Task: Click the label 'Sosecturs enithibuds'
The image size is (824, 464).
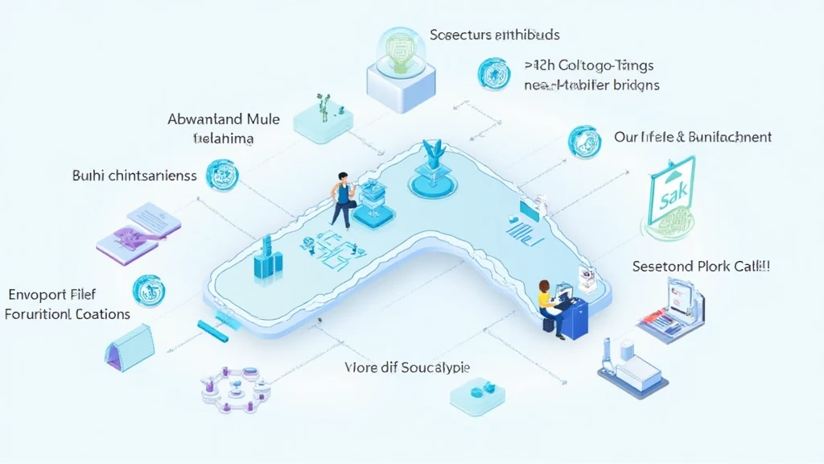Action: pyautogui.click(x=494, y=35)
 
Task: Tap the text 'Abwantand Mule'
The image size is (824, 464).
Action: pyautogui.click(x=224, y=119)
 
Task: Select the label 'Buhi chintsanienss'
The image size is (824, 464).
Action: pyautogui.click(x=134, y=176)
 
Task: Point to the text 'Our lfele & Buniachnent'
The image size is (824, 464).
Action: pyautogui.click(x=692, y=137)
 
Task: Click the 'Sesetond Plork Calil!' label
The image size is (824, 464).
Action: pyautogui.click(x=701, y=266)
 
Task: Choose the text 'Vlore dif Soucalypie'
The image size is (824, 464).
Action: pyautogui.click(x=407, y=367)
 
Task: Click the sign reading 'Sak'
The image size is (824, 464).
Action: pyautogui.click(x=670, y=193)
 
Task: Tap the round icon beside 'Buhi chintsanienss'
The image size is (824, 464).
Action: pyautogui.click(x=222, y=175)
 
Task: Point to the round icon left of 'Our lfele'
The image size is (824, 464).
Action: pyautogui.click(x=584, y=142)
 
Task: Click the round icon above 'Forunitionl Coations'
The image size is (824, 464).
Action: pyautogui.click(x=148, y=290)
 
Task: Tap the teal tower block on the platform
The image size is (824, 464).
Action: pyautogui.click(x=267, y=259)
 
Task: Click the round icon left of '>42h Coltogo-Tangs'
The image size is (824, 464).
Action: pyautogui.click(x=493, y=72)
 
